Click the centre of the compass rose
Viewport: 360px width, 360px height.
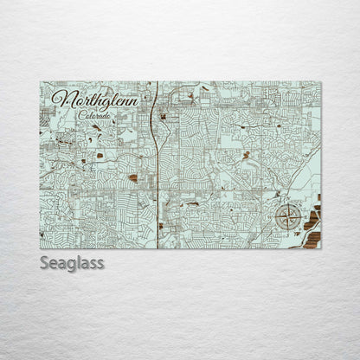288,218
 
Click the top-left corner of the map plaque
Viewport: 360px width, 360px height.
40,82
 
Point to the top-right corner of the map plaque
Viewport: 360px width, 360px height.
321,82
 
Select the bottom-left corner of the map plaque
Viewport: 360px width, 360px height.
40,248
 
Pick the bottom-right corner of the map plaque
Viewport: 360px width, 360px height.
321,248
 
